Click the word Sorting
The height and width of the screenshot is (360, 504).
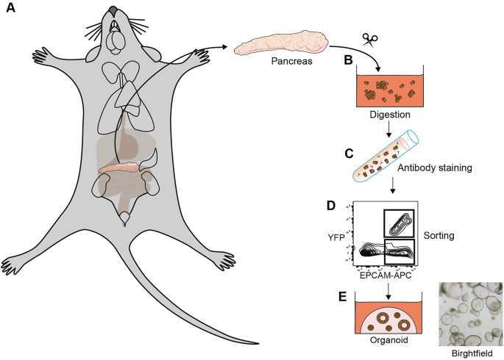[440, 237]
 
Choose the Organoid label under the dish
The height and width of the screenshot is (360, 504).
[390, 341]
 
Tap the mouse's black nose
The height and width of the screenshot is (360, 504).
[112, 10]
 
